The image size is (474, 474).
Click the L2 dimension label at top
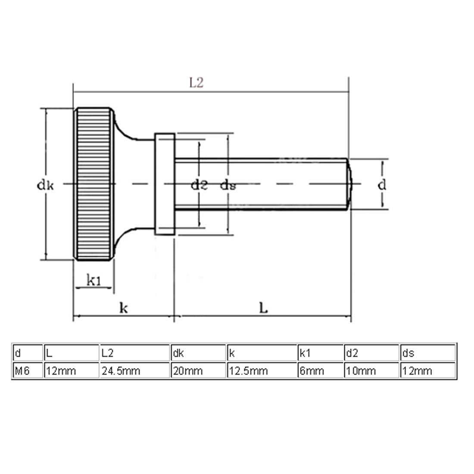(196, 83)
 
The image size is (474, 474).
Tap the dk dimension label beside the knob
(45, 185)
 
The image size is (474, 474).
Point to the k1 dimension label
(94, 281)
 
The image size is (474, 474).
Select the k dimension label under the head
(123, 308)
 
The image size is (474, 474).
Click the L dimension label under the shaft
(263, 308)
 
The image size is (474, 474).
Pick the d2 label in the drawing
(199, 185)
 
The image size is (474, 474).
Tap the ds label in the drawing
(228, 185)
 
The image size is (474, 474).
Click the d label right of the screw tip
(382, 185)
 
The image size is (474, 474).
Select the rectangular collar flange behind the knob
(165, 184)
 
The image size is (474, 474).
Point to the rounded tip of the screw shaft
(350, 184)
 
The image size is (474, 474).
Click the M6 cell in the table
(22, 371)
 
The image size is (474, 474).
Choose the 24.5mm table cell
(121, 371)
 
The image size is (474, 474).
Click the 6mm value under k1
(312, 371)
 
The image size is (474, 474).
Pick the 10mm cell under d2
(361, 371)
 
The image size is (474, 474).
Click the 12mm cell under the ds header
(417, 371)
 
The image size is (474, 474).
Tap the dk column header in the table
(178, 353)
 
